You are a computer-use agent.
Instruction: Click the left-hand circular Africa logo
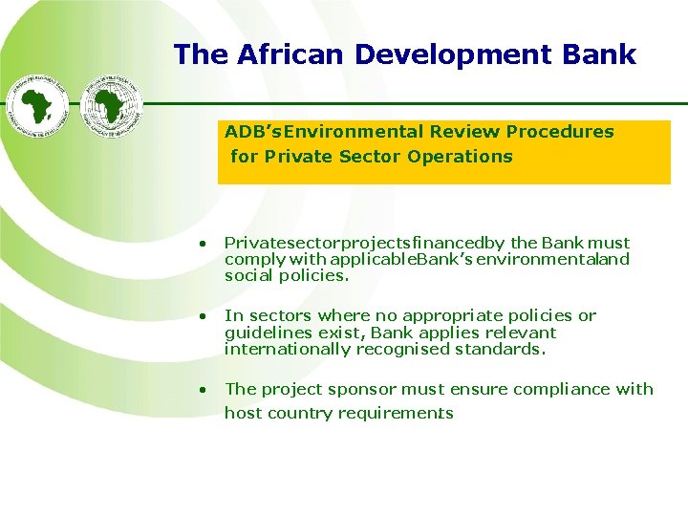(39, 106)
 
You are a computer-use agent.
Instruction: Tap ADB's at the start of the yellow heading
(253, 131)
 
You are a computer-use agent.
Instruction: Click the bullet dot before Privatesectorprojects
(203, 245)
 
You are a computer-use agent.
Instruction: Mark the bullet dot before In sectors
(203, 316)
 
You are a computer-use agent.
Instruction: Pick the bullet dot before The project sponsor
(203, 390)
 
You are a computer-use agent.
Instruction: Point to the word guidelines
(265, 333)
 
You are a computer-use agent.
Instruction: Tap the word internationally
(288, 349)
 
